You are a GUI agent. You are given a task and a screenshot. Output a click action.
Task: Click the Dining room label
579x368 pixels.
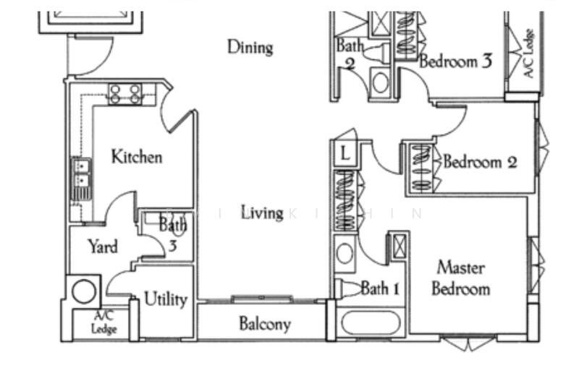point(250,48)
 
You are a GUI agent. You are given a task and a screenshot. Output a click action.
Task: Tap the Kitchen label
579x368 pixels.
point(136,156)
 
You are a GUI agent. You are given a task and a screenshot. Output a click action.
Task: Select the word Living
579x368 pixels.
point(262,213)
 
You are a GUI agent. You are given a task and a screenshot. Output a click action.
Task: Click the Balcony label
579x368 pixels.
point(265,324)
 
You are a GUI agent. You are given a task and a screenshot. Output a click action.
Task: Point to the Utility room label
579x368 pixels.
point(166,299)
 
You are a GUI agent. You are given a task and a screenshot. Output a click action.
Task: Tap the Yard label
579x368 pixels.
point(103,247)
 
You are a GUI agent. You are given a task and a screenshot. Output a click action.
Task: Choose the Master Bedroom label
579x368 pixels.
point(460,278)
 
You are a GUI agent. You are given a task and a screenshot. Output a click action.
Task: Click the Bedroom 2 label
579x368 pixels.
point(480,161)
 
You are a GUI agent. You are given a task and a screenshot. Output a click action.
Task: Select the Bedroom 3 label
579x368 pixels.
point(455,61)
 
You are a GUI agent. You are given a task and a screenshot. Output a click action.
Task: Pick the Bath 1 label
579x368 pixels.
point(380,289)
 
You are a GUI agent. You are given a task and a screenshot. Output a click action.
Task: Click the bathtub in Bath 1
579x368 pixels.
point(369,322)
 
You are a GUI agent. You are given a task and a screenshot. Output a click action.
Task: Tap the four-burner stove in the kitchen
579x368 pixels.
point(124,93)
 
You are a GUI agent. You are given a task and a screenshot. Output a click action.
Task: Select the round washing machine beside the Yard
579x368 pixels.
point(83,291)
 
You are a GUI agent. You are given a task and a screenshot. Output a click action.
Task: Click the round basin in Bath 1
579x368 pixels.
point(345,254)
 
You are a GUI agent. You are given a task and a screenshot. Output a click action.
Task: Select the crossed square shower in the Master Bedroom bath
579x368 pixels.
point(399,244)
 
